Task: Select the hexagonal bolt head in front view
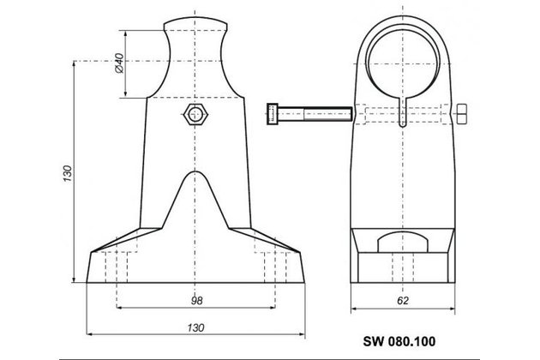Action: click(x=195, y=115)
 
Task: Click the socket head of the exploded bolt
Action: click(x=273, y=114)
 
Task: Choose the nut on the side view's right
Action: click(x=463, y=115)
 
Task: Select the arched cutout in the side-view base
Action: click(x=401, y=239)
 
